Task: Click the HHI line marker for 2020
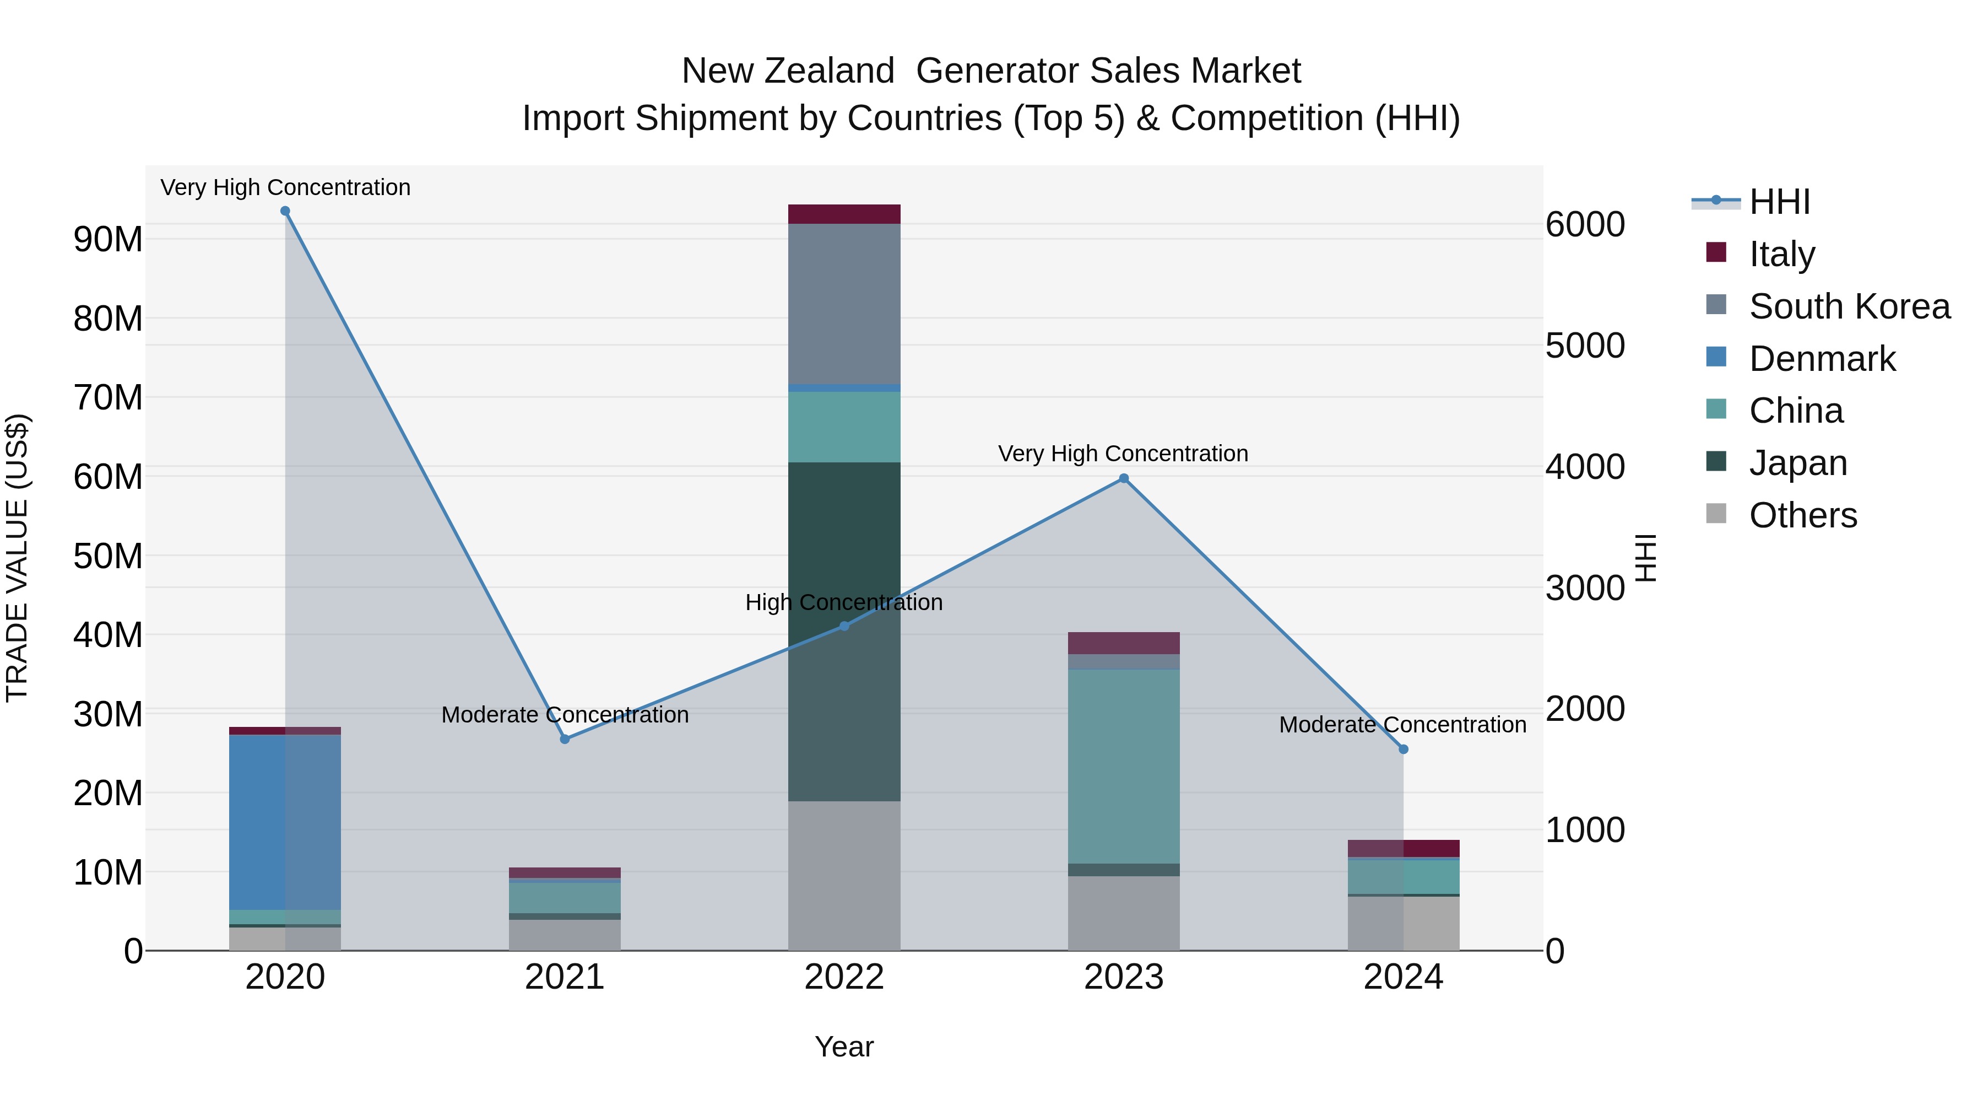click(x=285, y=211)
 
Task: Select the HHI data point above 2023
click(x=1123, y=478)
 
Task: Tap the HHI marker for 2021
click(x=564, y=738)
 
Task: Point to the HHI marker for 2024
click(x=1402, y=748)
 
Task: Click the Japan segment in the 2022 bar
click(x=844, y=632)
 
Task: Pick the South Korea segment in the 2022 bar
click(x=844, y=304)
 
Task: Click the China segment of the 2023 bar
click(x=1123, y=767)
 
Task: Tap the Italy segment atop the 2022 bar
click(x=844, y=214)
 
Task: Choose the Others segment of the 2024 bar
click(x=1402, y=923)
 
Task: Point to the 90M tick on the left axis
click(x=108, y=240)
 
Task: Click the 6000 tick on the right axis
click(x=1585, y=224)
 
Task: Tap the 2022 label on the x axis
click(x=844, y=977)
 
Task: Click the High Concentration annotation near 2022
click(x=844, y=602)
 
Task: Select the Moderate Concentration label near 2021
click(x=564, y=715)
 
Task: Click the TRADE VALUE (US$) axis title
click(x=17, y=558)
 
